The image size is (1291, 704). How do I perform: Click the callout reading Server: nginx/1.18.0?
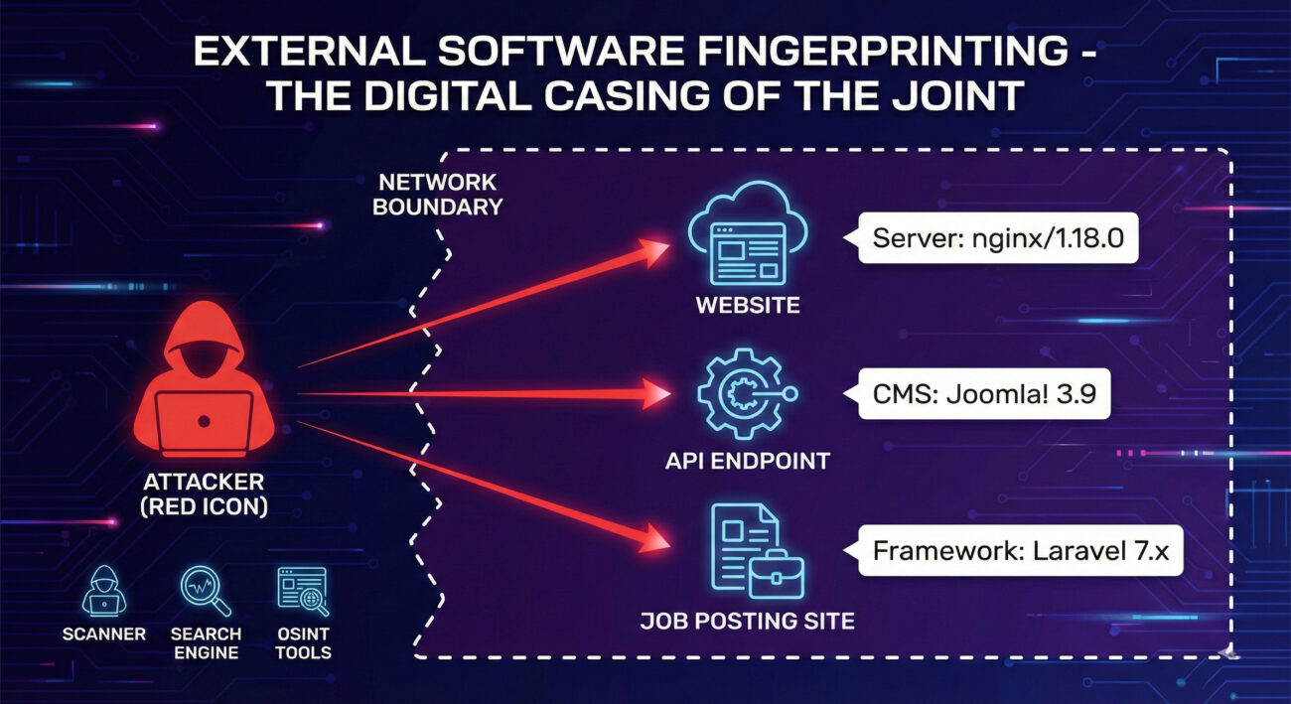coord(997,238)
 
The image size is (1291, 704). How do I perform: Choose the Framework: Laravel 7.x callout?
coord(1013,552)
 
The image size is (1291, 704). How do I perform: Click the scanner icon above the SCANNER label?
coord(103,591)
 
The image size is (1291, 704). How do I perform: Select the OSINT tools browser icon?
coord(303,591)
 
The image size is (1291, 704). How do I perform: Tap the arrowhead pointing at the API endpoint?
coord(655,394)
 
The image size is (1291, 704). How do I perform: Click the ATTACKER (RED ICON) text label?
coord(204,493)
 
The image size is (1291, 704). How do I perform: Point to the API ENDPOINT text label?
coord(748,461)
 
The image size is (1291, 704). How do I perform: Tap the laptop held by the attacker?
coord(205,421)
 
